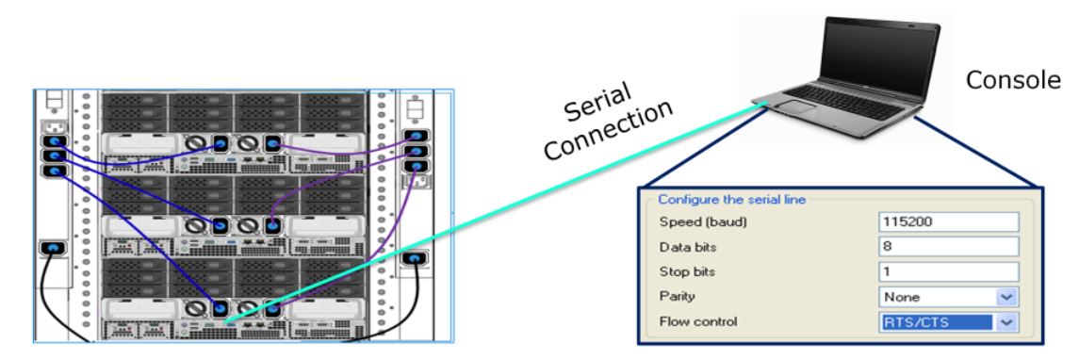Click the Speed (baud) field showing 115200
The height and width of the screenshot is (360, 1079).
[x=949, y=222]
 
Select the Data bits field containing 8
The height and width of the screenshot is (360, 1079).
[x=949, y=247]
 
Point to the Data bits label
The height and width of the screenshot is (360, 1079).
[x=686, y=247]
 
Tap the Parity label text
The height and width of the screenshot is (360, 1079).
[x=675, y=297]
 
